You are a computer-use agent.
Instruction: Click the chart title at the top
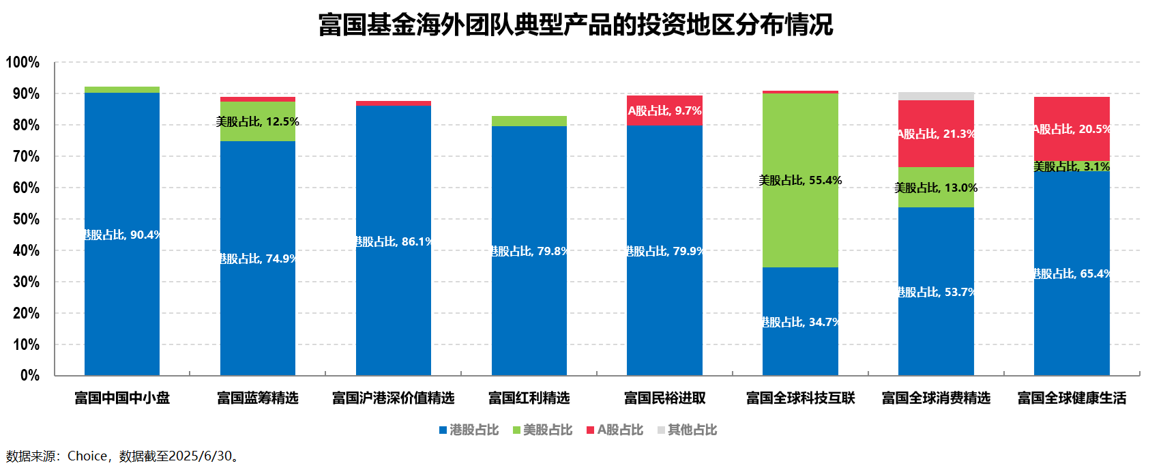coord(575,25)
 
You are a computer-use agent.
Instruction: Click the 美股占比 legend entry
coord(542,430)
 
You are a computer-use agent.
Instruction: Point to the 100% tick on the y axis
coord(23,63)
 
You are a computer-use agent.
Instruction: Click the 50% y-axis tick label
coord(26,220)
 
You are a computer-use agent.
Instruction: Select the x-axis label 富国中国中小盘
coord(122,398)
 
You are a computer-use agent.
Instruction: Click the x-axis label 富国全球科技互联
coord(800,398)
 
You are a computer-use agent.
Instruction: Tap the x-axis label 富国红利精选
coord(529,398)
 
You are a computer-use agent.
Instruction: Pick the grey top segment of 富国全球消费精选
coord(936,96)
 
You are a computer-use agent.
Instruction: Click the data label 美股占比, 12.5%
coord(258,122)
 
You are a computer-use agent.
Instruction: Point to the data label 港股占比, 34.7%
coord(800,322)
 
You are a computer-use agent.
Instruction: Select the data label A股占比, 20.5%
coord(1072,129)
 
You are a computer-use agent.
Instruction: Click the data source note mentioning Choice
coord(123,456)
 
